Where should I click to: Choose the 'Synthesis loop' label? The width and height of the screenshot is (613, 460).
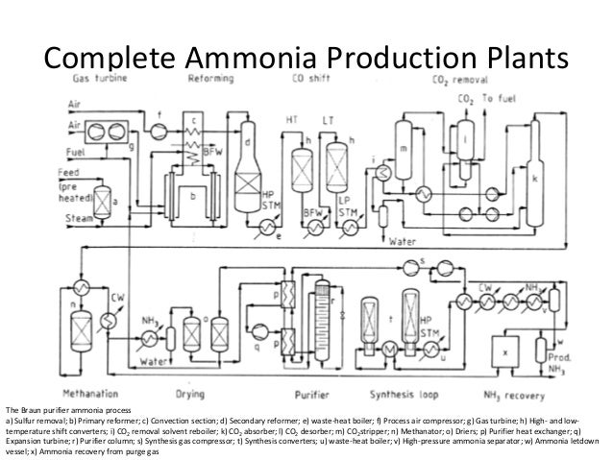coord(397,392)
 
